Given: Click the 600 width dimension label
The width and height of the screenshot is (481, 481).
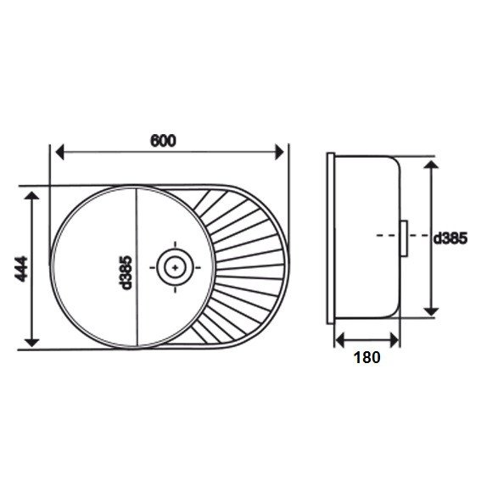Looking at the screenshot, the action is pyautogui.click(x=163, y=141).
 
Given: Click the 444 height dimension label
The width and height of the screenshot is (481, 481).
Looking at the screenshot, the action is pyautogui.click(x=21, y=269).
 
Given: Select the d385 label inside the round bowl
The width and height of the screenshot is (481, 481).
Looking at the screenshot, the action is pyautogui.click(x=126, y=272).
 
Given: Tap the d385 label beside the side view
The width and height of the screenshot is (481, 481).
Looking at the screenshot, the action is pyautogui.click(x=450, y=238).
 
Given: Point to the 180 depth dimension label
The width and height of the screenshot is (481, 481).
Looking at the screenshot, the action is pyautogui.click(x=366, y=357).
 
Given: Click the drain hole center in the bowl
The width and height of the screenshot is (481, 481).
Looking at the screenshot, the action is pyautogui.click(x=175, y=267).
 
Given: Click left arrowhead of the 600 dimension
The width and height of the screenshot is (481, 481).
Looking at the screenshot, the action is pyautogui.click(x=60, y=152).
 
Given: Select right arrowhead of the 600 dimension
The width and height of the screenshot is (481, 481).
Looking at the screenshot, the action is pyautogui.click(x=279, y=152).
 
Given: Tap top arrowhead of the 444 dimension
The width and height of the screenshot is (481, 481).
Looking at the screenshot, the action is pyautogui.click(x=31, y=196).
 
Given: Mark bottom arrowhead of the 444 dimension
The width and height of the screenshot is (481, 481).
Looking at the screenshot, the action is pyautogui.click(x=31, y=343).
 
